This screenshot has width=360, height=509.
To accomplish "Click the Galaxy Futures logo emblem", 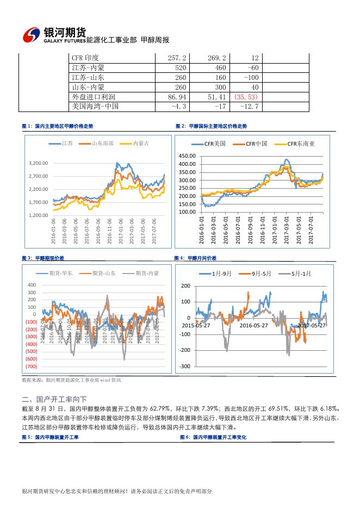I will tap(32, 35).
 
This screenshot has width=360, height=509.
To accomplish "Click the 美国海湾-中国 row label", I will tap(95, 107).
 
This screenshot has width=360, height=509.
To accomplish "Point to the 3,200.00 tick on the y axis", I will tap(38, 163).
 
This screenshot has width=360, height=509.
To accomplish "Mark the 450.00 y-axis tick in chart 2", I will tap(188, 156).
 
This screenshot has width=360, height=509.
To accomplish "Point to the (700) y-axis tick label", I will tap(31, 368).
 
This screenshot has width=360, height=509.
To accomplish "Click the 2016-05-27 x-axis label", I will tap(253, 325).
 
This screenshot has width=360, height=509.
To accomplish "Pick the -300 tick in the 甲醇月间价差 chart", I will tap(185, 366).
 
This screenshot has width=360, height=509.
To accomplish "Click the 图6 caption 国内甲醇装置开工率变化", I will tap(213, 437).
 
